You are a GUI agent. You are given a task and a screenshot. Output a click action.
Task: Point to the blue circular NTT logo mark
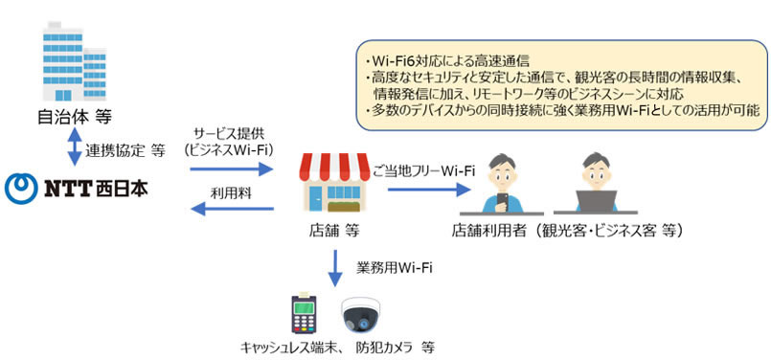pos(18,187)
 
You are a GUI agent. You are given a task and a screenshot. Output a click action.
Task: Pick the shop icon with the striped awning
pos(334,183)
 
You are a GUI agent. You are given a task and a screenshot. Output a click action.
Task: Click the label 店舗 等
pos(335,231)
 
